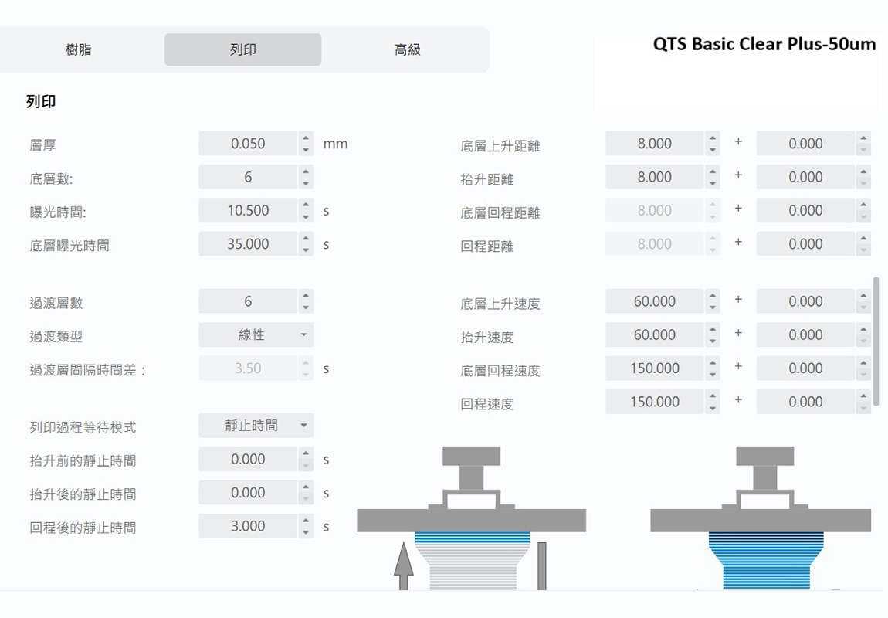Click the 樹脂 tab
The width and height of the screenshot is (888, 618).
click(x=79, y=49)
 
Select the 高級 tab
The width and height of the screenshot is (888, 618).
click(x=407, y=49)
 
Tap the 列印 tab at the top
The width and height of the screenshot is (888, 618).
click(x=242, y=49)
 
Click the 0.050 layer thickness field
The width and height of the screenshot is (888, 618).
click(x=248, y=144)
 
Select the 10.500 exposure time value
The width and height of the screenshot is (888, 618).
click(x=248, y=211)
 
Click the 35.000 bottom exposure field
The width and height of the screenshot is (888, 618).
click(x=248, y=244)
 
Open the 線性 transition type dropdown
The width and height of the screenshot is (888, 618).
click(x=256, y=335)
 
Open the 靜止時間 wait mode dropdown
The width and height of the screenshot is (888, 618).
click(x=256, y=426)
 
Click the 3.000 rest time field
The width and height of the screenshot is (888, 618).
click(x=248, y=526)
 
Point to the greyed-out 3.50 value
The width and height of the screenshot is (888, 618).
click(x=248, y=368)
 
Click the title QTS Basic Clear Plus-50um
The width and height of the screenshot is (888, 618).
click(x=764, y=44)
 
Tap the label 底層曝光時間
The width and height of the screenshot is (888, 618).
click(x=69, y=246)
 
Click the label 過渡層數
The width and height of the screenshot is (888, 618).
click(x=56, y=303)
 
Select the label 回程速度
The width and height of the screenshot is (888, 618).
click(x=486, y=403)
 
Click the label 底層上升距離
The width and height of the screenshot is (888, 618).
click(x=500, y=145)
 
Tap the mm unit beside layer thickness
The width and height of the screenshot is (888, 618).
click(x=335, y=144)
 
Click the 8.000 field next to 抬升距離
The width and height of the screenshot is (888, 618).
click(x=654, y=177)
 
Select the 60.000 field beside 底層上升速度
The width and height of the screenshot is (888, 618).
click(x=654, y=301)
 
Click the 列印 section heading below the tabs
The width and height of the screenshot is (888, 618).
click(x=41, y=101)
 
